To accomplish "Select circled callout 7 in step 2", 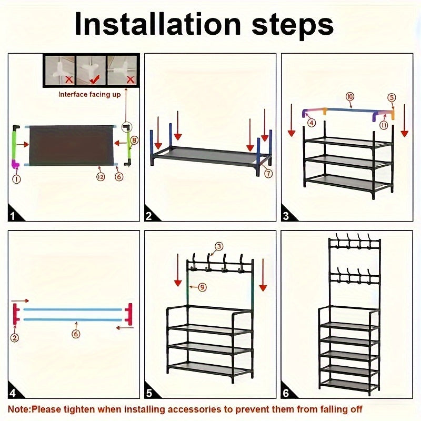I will [268, 174].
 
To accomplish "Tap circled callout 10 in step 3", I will [349, 96].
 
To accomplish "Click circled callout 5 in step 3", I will [391, 97].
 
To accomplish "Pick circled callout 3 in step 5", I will [219, 246].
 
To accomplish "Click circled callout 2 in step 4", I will [15, 338].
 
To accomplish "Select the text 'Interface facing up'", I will [89, 95].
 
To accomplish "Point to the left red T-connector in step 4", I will [17, 314].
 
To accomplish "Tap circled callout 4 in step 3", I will [312, 123].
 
